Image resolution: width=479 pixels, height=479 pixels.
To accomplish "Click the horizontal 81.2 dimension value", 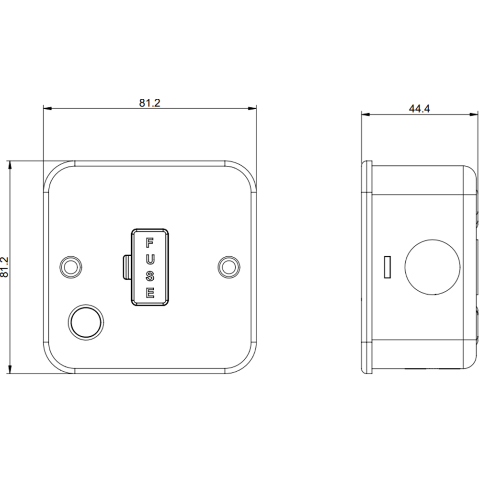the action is [149, 103].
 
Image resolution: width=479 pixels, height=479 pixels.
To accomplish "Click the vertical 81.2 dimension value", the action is [4, 267].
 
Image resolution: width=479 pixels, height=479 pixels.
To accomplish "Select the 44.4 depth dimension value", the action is [420, 108].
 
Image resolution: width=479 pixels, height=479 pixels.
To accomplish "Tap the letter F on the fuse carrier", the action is [149, 243].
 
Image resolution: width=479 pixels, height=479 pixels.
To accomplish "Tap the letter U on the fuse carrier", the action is [149, 260].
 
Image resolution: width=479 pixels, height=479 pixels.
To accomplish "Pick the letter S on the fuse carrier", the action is [149, 276].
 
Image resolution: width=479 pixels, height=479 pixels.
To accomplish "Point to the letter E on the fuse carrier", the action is [149, 293].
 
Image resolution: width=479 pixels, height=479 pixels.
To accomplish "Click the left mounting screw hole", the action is [71, 267].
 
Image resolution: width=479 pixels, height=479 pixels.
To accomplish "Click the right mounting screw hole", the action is [229, 267].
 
